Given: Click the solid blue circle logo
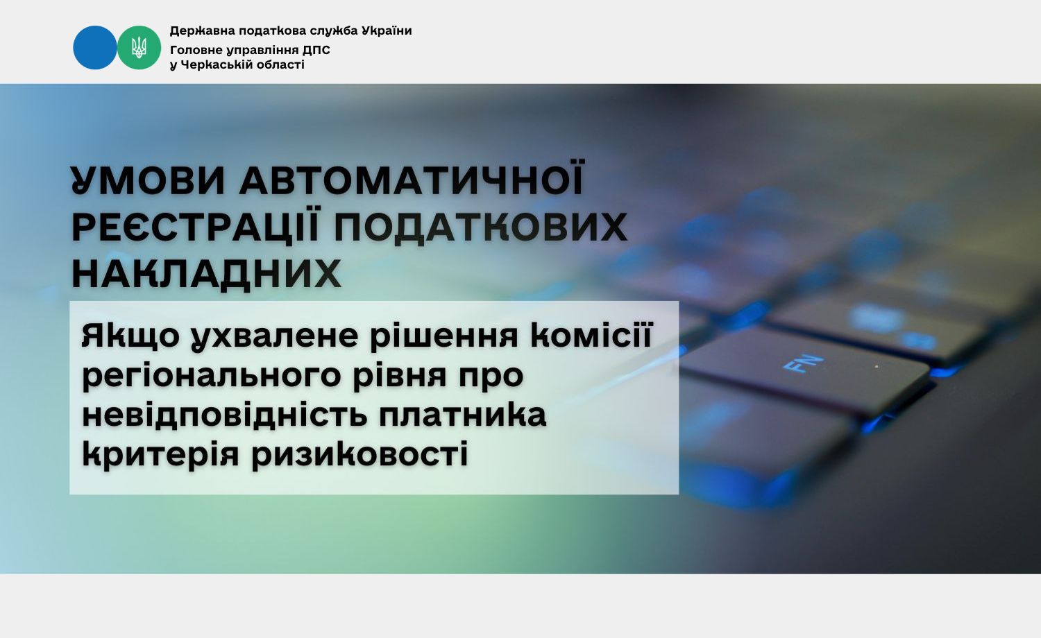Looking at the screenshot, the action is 95,47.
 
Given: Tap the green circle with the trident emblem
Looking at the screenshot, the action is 139,47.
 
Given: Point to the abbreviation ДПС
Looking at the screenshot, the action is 315,50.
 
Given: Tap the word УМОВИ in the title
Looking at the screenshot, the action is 149,180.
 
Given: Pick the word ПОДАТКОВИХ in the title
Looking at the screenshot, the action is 480,227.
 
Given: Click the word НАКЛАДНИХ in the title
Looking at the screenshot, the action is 206,274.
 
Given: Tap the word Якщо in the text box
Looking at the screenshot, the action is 130,336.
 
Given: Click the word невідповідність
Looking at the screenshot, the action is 225,415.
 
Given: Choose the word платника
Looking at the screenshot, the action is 462,415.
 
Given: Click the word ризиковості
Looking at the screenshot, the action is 359,454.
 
